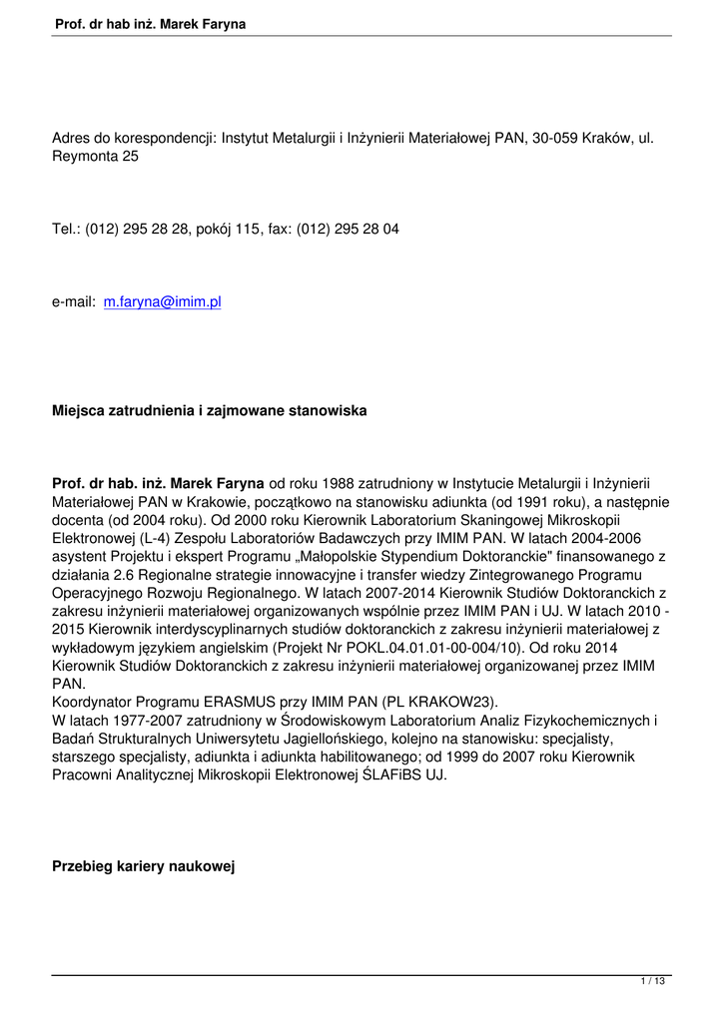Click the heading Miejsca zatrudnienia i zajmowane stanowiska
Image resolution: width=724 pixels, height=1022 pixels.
coord(209,410)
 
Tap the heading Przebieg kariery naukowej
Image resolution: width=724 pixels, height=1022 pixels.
coord(143,867)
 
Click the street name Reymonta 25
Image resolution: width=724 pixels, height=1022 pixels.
coord(95,156)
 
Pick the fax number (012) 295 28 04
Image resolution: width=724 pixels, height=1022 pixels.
coord(349,229)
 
